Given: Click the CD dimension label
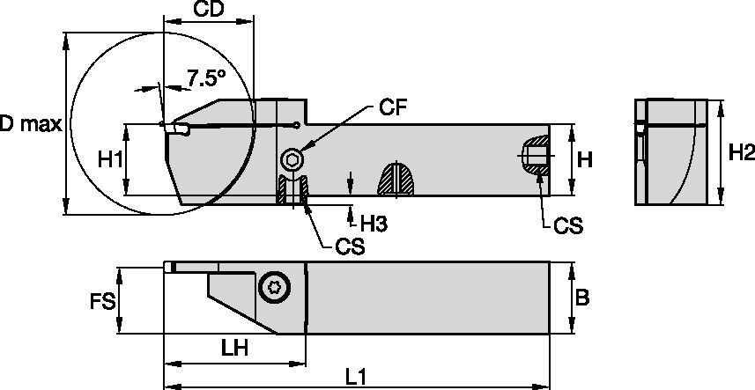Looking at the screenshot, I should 208,11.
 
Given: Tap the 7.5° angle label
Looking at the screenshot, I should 206,78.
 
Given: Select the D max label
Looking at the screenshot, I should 30,125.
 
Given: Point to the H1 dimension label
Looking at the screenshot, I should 110,160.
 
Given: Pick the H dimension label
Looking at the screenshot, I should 584,159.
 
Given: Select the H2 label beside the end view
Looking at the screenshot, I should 742,153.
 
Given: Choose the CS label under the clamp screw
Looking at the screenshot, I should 349,246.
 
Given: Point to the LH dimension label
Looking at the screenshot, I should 234,348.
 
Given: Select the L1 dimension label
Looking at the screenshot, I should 355,376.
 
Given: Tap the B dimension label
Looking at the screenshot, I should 582,298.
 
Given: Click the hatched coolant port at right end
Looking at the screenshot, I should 532,156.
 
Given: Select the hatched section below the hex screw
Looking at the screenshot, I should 292,189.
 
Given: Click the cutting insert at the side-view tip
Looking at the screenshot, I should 174,129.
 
